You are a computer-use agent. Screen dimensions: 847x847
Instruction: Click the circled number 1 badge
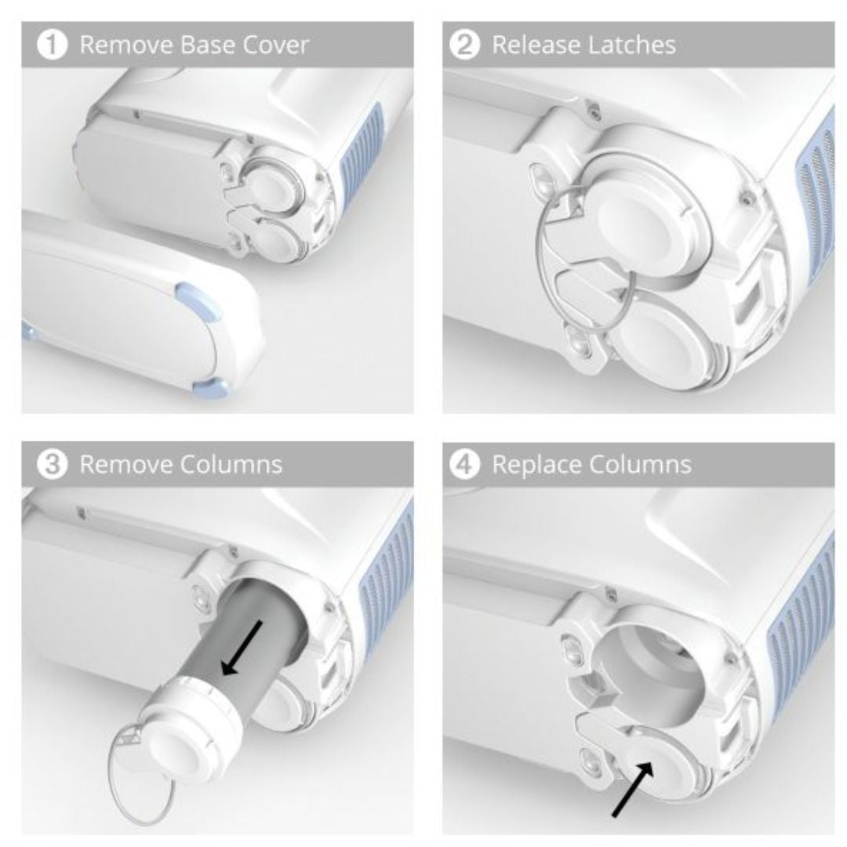[52, 44]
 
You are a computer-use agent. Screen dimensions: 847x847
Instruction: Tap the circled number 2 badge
[464, 44]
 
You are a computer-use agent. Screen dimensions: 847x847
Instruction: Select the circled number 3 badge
[52, 464]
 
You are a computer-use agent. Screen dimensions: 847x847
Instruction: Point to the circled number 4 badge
[464, 464]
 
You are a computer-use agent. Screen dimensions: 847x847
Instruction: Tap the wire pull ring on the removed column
[141, 779]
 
